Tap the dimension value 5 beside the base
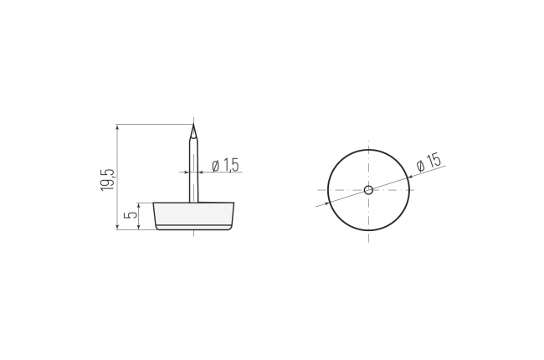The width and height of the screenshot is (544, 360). coord(131,215)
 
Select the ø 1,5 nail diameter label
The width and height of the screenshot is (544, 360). coord(225,165)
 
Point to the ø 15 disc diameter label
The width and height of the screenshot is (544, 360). coord(429,162)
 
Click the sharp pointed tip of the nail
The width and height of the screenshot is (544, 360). coord(193,125)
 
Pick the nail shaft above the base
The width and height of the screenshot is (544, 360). coord(193,163)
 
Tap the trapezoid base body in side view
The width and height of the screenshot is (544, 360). coord(194,213)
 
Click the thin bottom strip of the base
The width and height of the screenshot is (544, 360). coord(194,228)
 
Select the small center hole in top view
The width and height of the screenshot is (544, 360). coord(368,190)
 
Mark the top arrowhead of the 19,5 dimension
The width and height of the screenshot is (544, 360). coord(118,127)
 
